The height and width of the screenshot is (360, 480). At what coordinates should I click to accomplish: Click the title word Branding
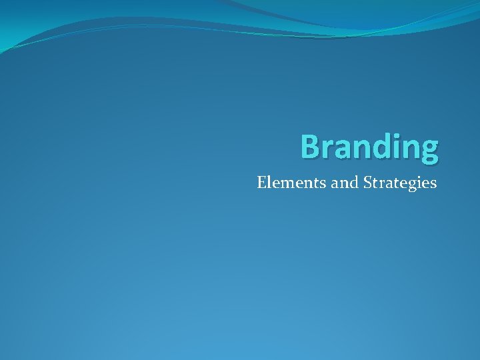point(369,147)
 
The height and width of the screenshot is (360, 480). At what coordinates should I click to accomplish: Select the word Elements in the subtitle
point(292,182)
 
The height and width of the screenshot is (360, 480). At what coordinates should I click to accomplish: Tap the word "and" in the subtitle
point(345,182)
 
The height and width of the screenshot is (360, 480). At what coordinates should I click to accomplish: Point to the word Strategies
point(401,183)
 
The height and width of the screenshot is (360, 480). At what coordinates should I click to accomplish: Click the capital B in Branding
point(309,146)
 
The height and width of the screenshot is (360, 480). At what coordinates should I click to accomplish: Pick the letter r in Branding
point(327,149)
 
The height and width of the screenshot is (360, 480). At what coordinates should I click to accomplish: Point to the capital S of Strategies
point(368,182)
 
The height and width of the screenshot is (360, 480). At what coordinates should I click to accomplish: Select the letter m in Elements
point(289,183)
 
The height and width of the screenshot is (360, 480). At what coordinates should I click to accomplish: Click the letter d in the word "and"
point(354,182)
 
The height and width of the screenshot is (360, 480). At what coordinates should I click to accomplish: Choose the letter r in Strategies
point(383,183)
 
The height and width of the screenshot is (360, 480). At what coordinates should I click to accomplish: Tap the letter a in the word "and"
point(335,183)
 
